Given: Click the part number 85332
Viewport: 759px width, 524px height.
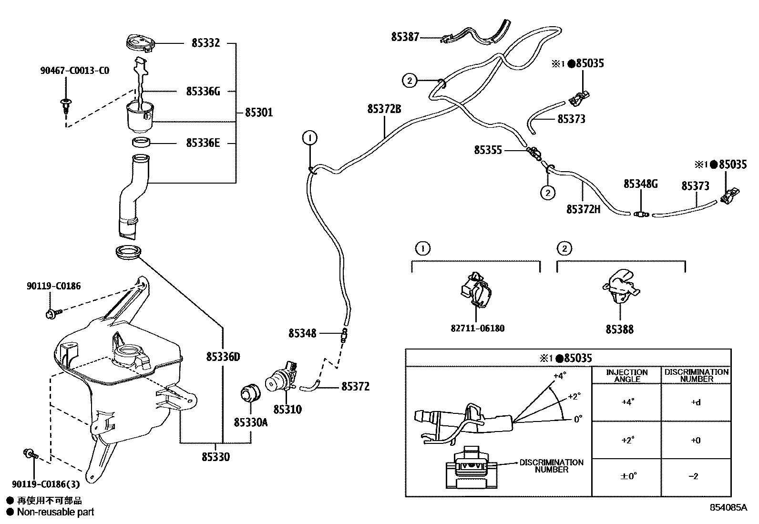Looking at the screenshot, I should pos(205,43).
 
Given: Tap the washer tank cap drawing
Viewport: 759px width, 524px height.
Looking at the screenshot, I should pos(139,42).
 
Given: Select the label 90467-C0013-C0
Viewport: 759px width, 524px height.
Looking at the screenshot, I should pos(74,71).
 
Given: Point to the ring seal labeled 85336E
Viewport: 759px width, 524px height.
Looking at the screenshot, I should pos(141,142).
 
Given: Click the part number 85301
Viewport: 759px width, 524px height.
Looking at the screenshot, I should pos(259,113).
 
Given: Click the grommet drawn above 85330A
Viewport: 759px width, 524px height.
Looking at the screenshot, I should pos(249,392).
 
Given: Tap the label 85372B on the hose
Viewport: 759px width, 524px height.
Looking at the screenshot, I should pos(384,109).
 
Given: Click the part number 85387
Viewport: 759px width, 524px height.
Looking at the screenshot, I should pos(405,37).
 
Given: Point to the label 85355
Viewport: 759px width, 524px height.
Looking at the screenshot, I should pos(488,150).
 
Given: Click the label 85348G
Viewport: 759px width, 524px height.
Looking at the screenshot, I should pos(640,184).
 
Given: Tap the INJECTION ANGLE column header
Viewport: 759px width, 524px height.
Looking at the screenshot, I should pos(626,375).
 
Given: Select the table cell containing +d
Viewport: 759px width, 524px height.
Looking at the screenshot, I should pos(696,402).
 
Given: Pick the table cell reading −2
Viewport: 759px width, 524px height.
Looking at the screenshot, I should pos(696,476).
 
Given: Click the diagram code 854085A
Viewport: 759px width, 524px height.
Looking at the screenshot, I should pos(728,508).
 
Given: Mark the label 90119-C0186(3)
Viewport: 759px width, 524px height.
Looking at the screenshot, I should pos(46,484).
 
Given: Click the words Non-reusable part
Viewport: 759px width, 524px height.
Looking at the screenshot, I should pos(55,513).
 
